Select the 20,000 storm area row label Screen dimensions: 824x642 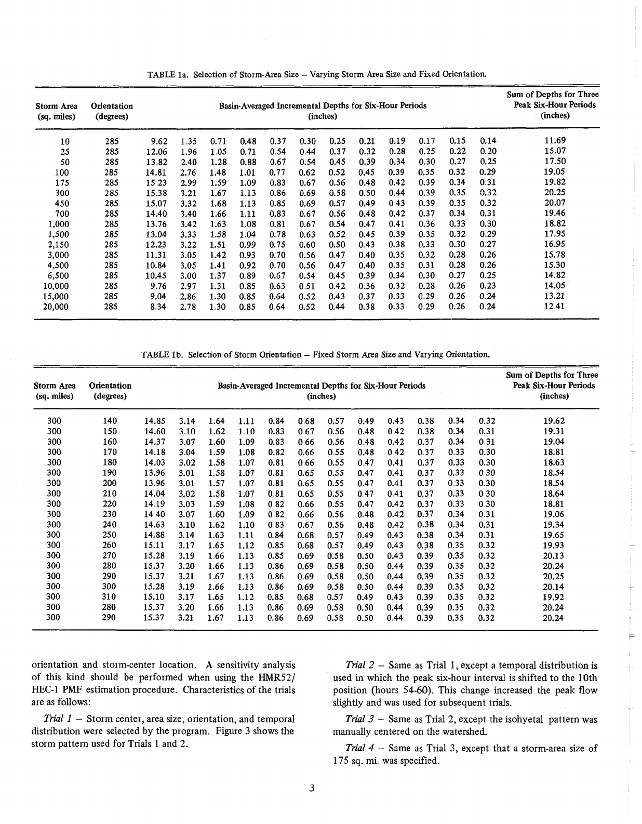coord(55,307)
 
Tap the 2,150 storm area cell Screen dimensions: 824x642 coord(58,245)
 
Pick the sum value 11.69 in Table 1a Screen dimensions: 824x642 coord(554,141)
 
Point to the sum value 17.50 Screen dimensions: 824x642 coord(554,162)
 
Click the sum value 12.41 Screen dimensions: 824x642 coord(554,307)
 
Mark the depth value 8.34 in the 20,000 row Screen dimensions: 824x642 coord(158,307)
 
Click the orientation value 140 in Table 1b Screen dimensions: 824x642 coord(110,421)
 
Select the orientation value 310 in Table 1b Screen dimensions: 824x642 coord(110,597)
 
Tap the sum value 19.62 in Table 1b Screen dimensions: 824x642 coord(553,421)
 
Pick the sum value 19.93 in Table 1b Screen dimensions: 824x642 coord(553,546)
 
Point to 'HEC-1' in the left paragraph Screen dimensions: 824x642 coord(47,690)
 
